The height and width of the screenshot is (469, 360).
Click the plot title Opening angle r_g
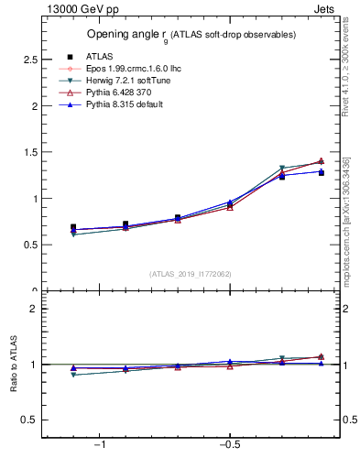click(191, 35)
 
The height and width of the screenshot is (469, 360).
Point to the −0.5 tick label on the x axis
click(229, 444)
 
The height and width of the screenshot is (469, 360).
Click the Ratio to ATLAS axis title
click(14, 365)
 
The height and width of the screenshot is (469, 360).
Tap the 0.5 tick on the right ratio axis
click(348, 420)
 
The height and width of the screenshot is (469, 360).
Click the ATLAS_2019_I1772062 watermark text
click(191, 274)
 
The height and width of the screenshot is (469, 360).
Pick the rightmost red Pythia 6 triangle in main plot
click(321, 161)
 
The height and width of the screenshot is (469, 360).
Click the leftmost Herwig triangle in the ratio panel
click(73, 375)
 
